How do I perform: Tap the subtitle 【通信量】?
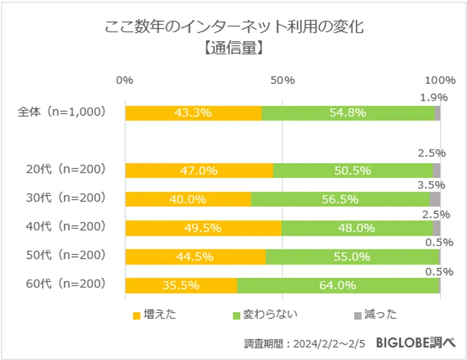click(234, 48)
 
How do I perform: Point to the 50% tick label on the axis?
click(282, 80)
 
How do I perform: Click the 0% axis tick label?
click(125, 80)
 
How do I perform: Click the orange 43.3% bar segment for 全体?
click(193, 113)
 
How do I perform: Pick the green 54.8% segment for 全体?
click(348, 113)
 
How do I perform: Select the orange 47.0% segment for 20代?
click(199, 171)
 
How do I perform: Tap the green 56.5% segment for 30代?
click(340, 199)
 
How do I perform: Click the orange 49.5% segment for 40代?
click(203, 228)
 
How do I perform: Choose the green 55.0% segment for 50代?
click(352, 257)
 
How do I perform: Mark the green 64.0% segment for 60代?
click(338, 286)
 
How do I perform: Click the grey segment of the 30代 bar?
click(435, 199)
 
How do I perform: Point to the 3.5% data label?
click(431, 185)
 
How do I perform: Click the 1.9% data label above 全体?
click(434, 98)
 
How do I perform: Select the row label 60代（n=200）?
click(66, 284)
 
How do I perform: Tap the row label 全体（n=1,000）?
click(62, 112)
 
